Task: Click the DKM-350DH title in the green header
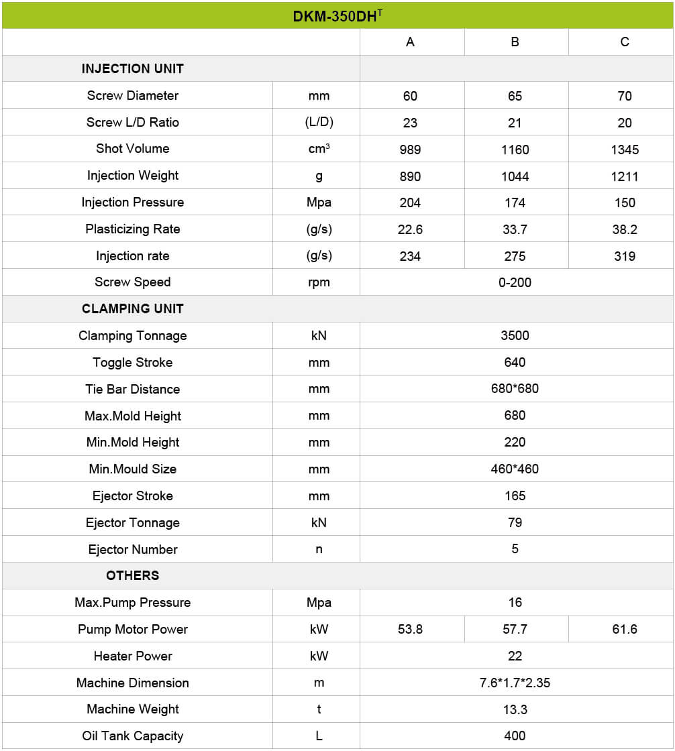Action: [337, 15]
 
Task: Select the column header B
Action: [515, 42]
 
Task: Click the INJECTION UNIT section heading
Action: [132, 68]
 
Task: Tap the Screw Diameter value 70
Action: [624, 96]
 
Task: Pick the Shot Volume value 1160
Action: [515, 150]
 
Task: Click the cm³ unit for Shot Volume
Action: [319, 149]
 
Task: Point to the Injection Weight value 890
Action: [410, 176]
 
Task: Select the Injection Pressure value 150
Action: [624, 203]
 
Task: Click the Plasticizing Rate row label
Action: [132, 229]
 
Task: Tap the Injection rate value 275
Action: [515, 256]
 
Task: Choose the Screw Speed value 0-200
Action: [515, 282]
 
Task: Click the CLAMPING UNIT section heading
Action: [132, 309]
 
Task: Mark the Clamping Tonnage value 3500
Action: [515, 336]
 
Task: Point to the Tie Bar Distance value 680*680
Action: [515, 389]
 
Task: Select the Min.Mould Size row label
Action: [132, 469]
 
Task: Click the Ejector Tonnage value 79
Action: [515, 522]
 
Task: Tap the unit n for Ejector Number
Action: [319, 549]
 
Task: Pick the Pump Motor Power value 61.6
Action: [624, 629]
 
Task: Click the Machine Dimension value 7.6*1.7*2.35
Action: [515, 683]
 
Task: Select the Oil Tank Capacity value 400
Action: [515, 736]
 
